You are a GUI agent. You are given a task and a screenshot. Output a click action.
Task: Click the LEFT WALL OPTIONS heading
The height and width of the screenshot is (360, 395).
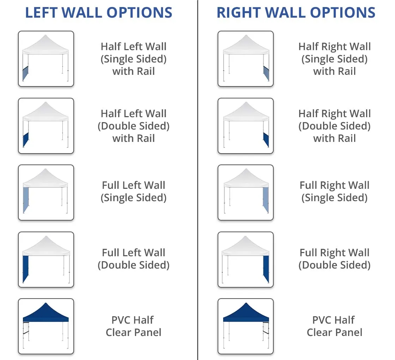tap(99, 13)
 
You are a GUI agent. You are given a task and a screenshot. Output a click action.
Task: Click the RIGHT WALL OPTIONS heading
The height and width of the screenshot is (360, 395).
tap(296, 13)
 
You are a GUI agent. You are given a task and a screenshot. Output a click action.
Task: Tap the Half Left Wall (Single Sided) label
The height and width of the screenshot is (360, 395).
tap(134, 59)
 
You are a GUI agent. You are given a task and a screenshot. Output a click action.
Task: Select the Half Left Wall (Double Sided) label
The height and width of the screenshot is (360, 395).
tap(134, 126)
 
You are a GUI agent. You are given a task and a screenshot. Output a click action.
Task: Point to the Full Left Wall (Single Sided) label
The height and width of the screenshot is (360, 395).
tap(134, 192)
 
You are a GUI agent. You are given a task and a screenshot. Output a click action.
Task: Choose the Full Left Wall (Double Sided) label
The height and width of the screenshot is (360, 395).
tap(134, 259)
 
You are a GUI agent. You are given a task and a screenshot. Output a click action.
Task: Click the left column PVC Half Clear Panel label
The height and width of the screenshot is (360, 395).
tap(133, 326)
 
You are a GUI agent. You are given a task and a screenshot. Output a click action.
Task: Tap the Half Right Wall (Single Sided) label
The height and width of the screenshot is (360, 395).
tap(335, 59)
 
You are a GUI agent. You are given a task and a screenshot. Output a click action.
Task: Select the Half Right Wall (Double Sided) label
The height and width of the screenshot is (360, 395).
tap(335, 126)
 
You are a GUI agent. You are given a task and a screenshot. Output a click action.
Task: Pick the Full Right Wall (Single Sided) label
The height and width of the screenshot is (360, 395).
tap(335, 192)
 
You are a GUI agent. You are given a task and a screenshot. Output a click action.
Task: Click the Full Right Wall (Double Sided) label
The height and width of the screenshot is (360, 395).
tap(335, 259)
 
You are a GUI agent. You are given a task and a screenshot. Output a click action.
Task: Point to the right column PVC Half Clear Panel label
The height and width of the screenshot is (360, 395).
tap(335, 326)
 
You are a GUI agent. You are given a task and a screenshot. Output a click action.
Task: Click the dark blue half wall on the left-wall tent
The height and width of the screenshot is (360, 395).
tap(26, 140)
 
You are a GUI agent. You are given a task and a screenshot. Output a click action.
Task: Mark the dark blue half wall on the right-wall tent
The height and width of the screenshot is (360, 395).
tap(266, 140)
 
